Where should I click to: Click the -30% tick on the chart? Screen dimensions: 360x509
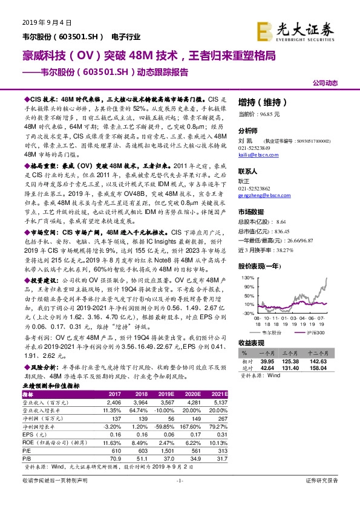246,314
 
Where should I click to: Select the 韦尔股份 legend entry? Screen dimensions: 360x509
270,333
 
